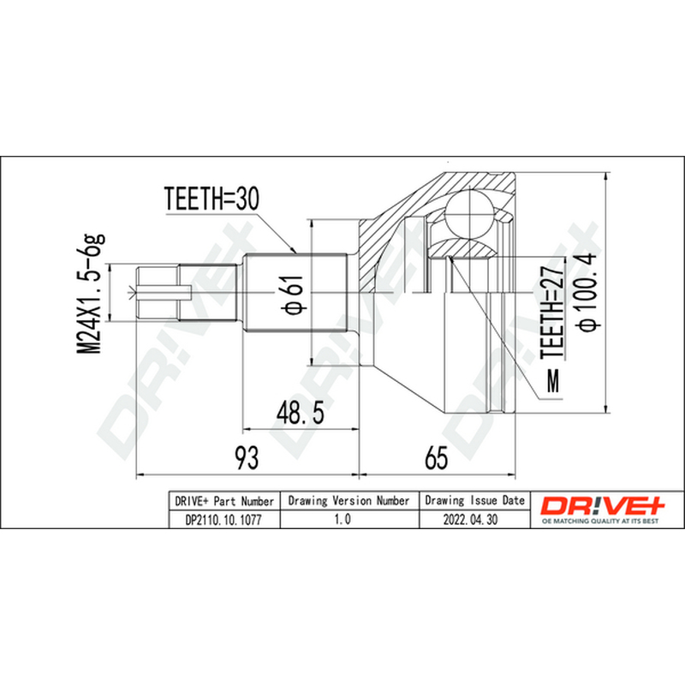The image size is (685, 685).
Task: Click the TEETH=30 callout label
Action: point(211,199)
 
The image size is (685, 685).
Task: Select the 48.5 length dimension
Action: point(301,413)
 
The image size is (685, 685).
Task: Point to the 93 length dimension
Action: point(247,457)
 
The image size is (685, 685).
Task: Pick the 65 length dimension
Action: point(436,458)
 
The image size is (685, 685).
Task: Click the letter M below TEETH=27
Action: point(553,381)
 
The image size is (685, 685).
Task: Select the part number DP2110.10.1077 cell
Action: point(223,520)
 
